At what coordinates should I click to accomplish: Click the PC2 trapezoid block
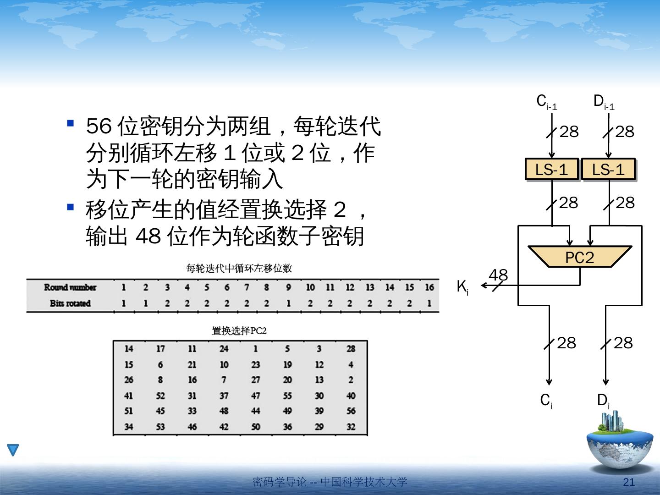click(580, 257)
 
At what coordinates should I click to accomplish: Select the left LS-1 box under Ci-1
click(552, 170)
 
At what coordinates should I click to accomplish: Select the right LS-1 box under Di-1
click(608, 170)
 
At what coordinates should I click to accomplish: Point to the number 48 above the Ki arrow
click(498, 275)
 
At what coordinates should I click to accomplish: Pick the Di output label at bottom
click(603, 401)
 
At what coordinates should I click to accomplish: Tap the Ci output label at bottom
click(546, 401)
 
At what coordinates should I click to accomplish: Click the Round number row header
click(70, 287)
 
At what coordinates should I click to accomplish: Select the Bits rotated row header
click(70, 303)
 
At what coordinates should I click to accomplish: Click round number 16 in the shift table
click(429, 287)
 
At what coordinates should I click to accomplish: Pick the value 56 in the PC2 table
click(351, 411)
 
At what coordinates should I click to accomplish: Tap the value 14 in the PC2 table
click(129, 349)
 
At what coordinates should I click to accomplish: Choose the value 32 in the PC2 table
click(351, 427)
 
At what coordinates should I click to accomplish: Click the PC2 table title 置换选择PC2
click(239, 330)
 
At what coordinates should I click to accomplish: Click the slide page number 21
click(629, 482)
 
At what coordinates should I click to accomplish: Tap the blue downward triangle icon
click(13, 450)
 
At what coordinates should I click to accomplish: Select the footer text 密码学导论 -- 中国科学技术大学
click(330, 482)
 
